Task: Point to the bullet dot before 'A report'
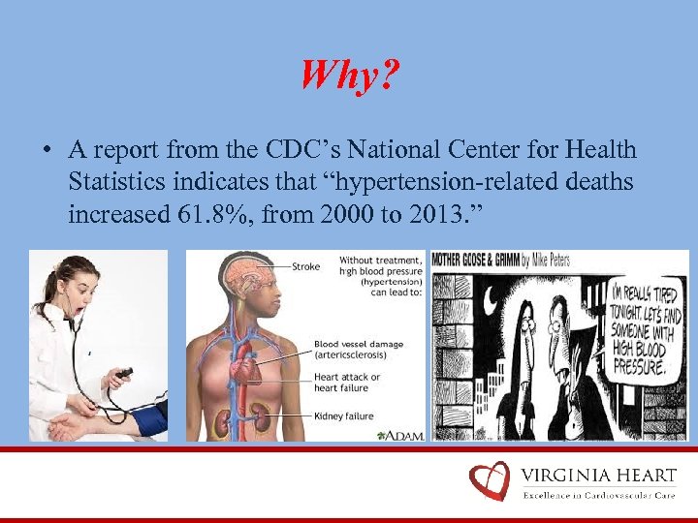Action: (46, 151)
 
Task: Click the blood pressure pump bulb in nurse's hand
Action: (124, 373)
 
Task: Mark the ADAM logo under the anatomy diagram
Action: (399, 435)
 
